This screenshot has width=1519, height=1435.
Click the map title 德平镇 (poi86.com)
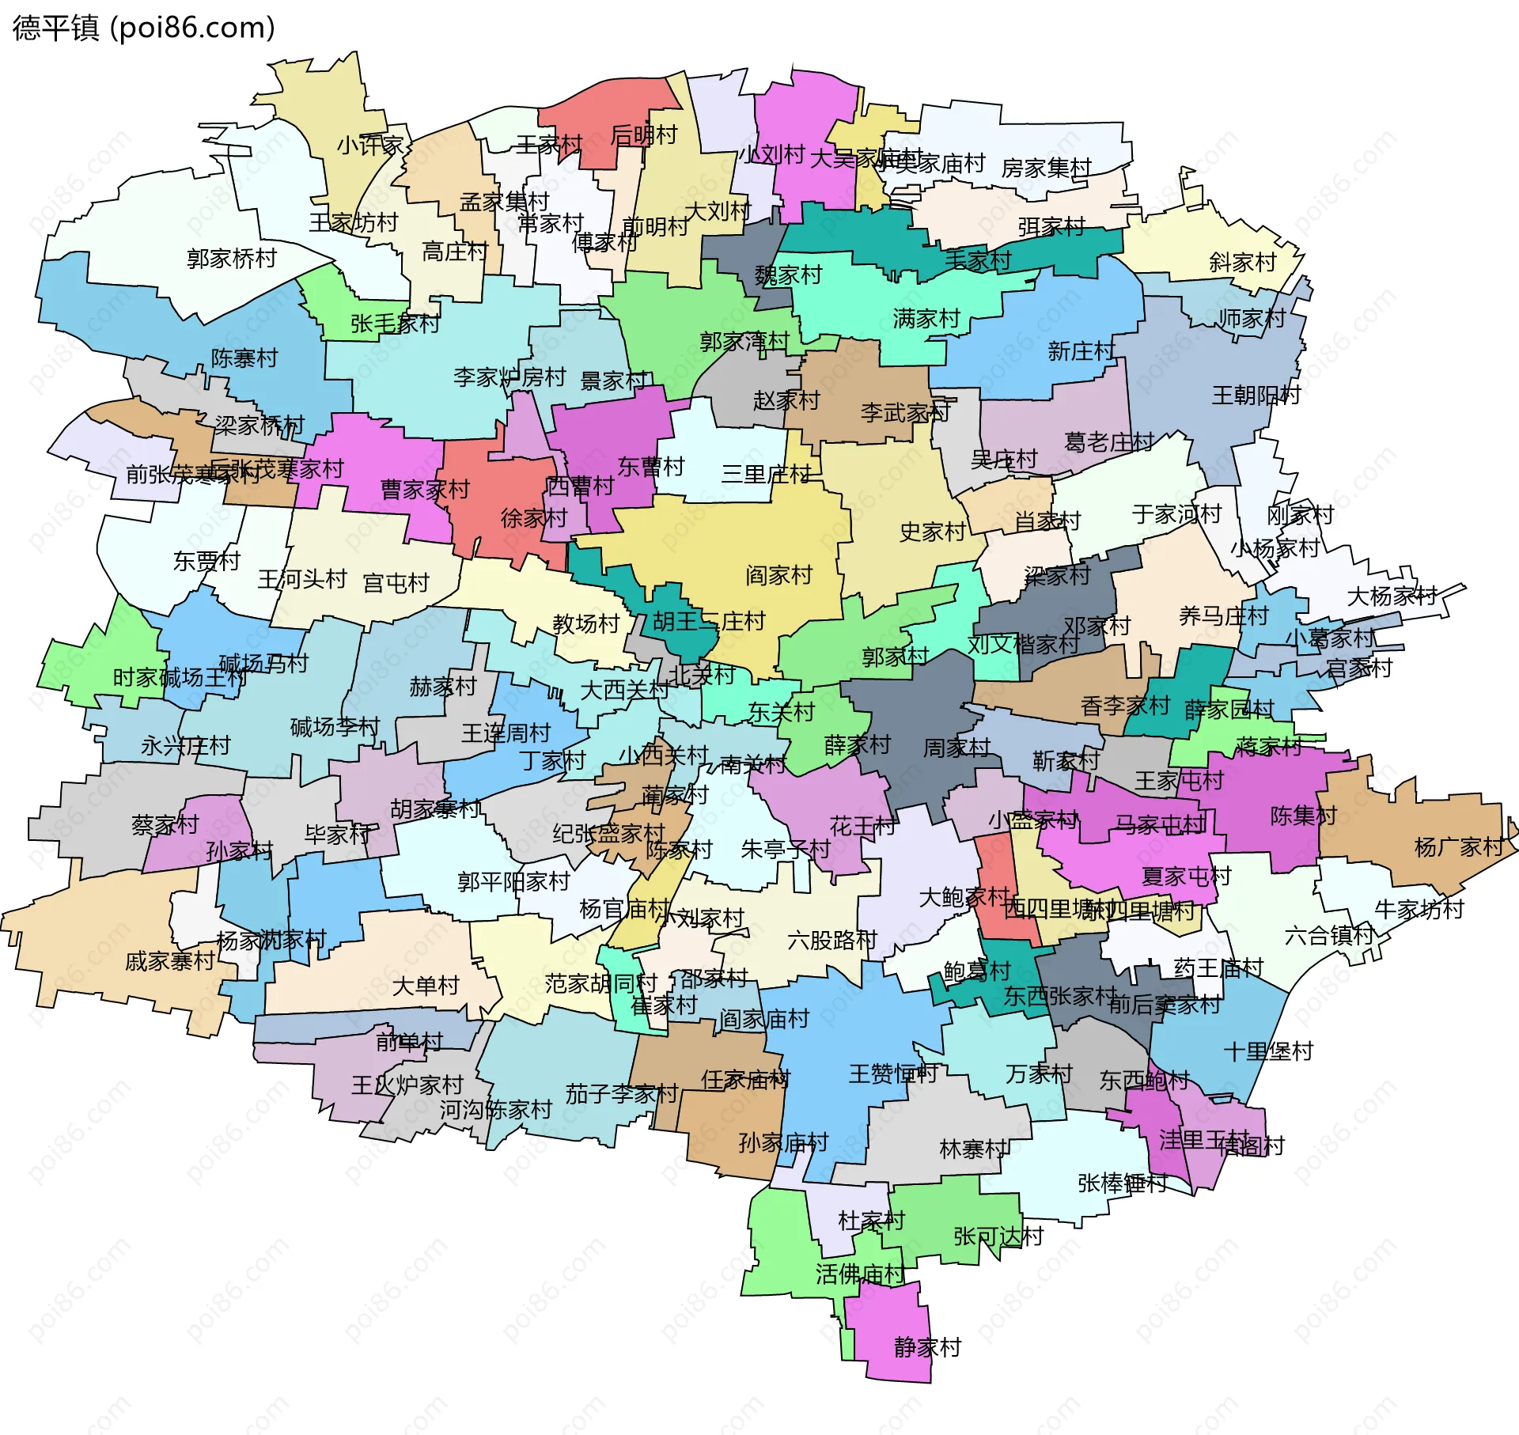coord(144,28)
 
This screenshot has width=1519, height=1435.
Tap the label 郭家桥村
coord(231,259)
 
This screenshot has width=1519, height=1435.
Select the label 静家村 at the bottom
coord(927,1346)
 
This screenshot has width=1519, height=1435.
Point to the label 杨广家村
coord(1458,847)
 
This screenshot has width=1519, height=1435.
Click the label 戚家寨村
coord(170,961)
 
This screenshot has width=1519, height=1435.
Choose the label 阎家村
coord(778,575)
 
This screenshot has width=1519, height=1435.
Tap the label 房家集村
coord(1046,168)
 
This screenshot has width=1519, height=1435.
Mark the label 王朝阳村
coord(1256,395)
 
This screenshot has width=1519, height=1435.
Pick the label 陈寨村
coord(244,358)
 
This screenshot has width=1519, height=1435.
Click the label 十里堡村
coord(1268,1051)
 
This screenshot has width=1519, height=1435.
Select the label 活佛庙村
coord(860,1274)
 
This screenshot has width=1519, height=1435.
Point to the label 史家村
coord(932,532)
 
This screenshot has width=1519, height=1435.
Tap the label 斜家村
coord(1242,263)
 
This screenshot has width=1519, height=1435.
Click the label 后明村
coord(643,135)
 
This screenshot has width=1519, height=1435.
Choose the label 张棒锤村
coord(1122,1183)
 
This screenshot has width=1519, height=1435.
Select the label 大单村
coord(426,986)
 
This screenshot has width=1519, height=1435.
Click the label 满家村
coord(926,319)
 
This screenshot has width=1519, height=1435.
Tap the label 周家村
coord(956,748)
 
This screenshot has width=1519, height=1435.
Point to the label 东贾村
coord(206,561)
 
